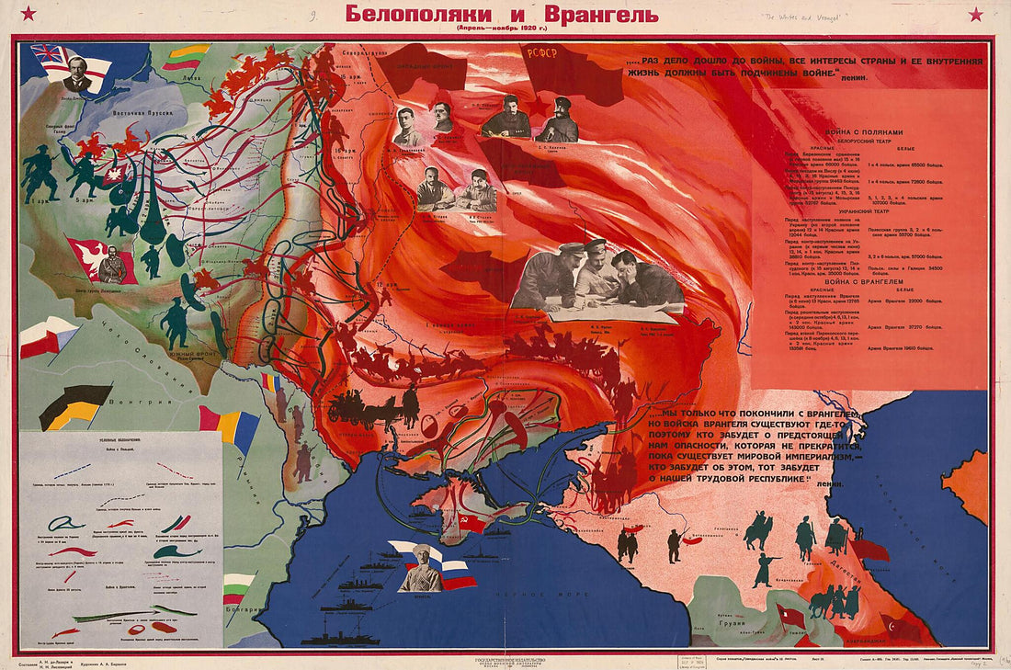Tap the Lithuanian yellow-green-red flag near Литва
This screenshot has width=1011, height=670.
click(x=187, y=57)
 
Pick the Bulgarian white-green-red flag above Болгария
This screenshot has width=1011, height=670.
click(x=239, y=587)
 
